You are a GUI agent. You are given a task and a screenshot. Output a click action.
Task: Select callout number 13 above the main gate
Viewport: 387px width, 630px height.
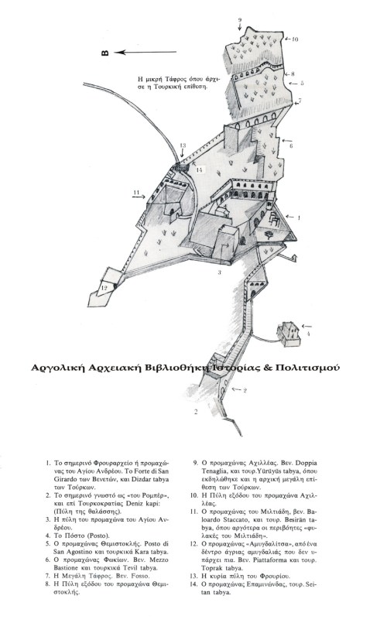tap(183, 146)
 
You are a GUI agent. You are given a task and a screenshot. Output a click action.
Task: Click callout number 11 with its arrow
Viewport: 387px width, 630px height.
tap(135, 193)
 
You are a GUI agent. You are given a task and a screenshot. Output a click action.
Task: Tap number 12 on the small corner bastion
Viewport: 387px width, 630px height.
tap(104, 288)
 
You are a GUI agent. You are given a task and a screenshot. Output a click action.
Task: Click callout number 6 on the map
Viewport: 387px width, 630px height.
tap(291, 145)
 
